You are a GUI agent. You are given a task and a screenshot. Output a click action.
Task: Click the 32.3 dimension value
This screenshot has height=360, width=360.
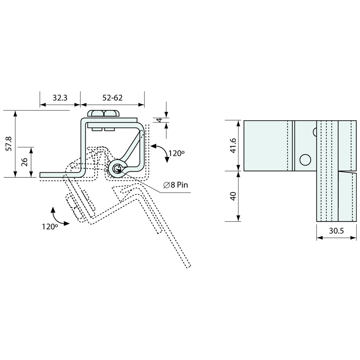click(x=60, y=98)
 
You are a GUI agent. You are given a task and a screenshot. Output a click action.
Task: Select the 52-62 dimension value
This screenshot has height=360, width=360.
click(x=112, y=98)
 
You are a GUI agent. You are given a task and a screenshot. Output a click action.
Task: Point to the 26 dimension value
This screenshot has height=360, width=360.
click(x=25, y=162)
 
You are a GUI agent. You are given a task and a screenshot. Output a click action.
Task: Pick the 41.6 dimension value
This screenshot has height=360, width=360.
click(x=233, y=145)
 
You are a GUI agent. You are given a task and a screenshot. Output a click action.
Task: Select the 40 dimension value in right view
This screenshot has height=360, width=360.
click(x=233, y=196)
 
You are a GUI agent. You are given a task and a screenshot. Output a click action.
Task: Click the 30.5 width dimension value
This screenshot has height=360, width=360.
click(x=336, y=231)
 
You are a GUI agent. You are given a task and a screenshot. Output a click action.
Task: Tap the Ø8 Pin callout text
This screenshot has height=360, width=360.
click(x=176, y=185)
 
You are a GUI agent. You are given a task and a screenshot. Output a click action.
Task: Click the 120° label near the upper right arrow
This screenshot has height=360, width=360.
click(x=177, y=153)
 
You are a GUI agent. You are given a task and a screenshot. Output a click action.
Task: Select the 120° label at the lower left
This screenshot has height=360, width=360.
click(x=50, y=226)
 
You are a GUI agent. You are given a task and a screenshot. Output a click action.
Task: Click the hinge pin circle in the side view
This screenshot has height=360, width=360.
click(x=117, y=169)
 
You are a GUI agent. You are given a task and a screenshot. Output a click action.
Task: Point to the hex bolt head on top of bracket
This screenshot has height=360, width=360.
click(x=103, y=113)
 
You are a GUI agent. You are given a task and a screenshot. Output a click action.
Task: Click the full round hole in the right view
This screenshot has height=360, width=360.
click(x=305, y=160)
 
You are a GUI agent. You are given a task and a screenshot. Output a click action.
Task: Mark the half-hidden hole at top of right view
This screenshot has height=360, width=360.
click(x=315, y=132)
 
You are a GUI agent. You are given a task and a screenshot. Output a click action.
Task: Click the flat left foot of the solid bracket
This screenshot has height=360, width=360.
click(x=59, y=175)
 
